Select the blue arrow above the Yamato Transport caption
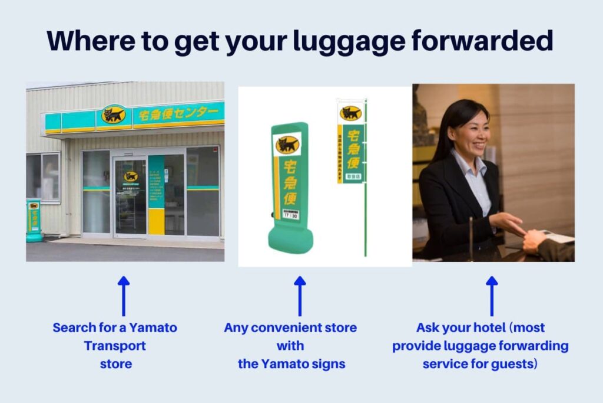pos(123,295)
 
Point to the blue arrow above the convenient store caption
pos(300,295)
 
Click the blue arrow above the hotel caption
pos(492,295)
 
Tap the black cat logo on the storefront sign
pos(114,114)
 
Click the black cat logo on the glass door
pos(130,176)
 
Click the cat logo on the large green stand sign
pos(287,145)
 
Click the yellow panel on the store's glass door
pos(156,221)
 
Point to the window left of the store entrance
pos(43,177)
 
